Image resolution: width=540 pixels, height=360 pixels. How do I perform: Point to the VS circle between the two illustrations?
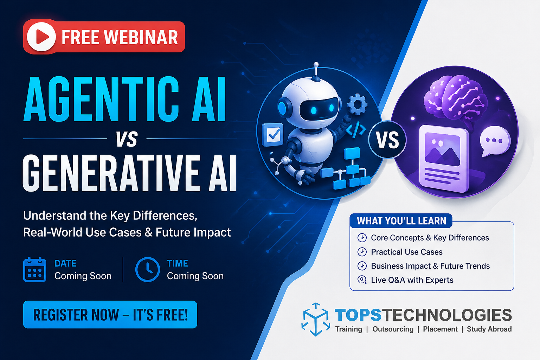coord(387,140)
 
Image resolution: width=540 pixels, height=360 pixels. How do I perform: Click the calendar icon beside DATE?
coord(34,270)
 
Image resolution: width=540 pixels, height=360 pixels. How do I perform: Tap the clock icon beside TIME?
coord(148,270)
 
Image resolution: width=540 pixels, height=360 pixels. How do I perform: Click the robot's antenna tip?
coord(316,65)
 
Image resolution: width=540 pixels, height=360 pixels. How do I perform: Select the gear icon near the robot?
coord(357,104)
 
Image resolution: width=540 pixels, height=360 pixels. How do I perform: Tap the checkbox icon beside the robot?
coord(273,135)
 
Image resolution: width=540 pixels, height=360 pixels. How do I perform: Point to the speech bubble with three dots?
coord(495,141)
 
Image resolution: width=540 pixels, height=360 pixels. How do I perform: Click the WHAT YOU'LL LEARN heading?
coord(401,221)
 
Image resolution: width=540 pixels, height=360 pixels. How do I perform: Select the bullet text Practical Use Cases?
coord(406,252)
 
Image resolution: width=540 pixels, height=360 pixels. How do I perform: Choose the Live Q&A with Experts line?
coord(412,280)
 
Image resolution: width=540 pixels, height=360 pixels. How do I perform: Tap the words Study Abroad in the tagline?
coord(489,329)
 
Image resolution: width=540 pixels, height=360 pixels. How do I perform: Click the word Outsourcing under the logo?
coord(393,329)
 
